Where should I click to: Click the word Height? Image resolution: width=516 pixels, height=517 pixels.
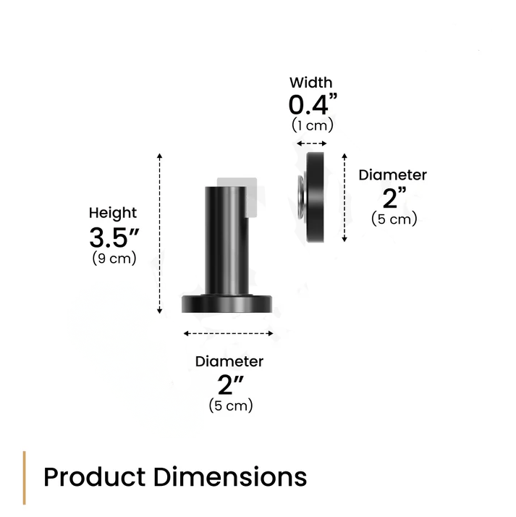(112, 213)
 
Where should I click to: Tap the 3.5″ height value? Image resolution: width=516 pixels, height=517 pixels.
(114, 237)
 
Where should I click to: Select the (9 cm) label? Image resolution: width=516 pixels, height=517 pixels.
(114, 258)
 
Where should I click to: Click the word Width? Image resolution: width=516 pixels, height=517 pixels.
(311, 83)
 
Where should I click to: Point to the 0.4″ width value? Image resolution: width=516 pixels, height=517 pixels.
(313, 105)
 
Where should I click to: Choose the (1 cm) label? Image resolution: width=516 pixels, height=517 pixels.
(313, 125)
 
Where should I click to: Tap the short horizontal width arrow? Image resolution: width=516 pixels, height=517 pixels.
(313, 144)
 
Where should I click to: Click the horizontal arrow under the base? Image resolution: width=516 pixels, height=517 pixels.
(228, 334)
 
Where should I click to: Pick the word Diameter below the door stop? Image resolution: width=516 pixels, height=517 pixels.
(229, 361)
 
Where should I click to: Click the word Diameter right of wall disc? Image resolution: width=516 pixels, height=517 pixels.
(393, 175)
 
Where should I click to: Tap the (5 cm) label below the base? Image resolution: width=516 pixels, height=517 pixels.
(231, 406)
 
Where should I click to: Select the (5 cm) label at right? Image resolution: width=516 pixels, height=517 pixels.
(394, 219)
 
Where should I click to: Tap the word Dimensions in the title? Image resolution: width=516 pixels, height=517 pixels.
(230, 478)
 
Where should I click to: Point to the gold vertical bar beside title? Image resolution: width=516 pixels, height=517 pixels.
(25, 478)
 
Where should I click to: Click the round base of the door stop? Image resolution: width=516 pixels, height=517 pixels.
(227, 303)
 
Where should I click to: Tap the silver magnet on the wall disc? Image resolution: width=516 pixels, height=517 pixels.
(299, 197)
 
